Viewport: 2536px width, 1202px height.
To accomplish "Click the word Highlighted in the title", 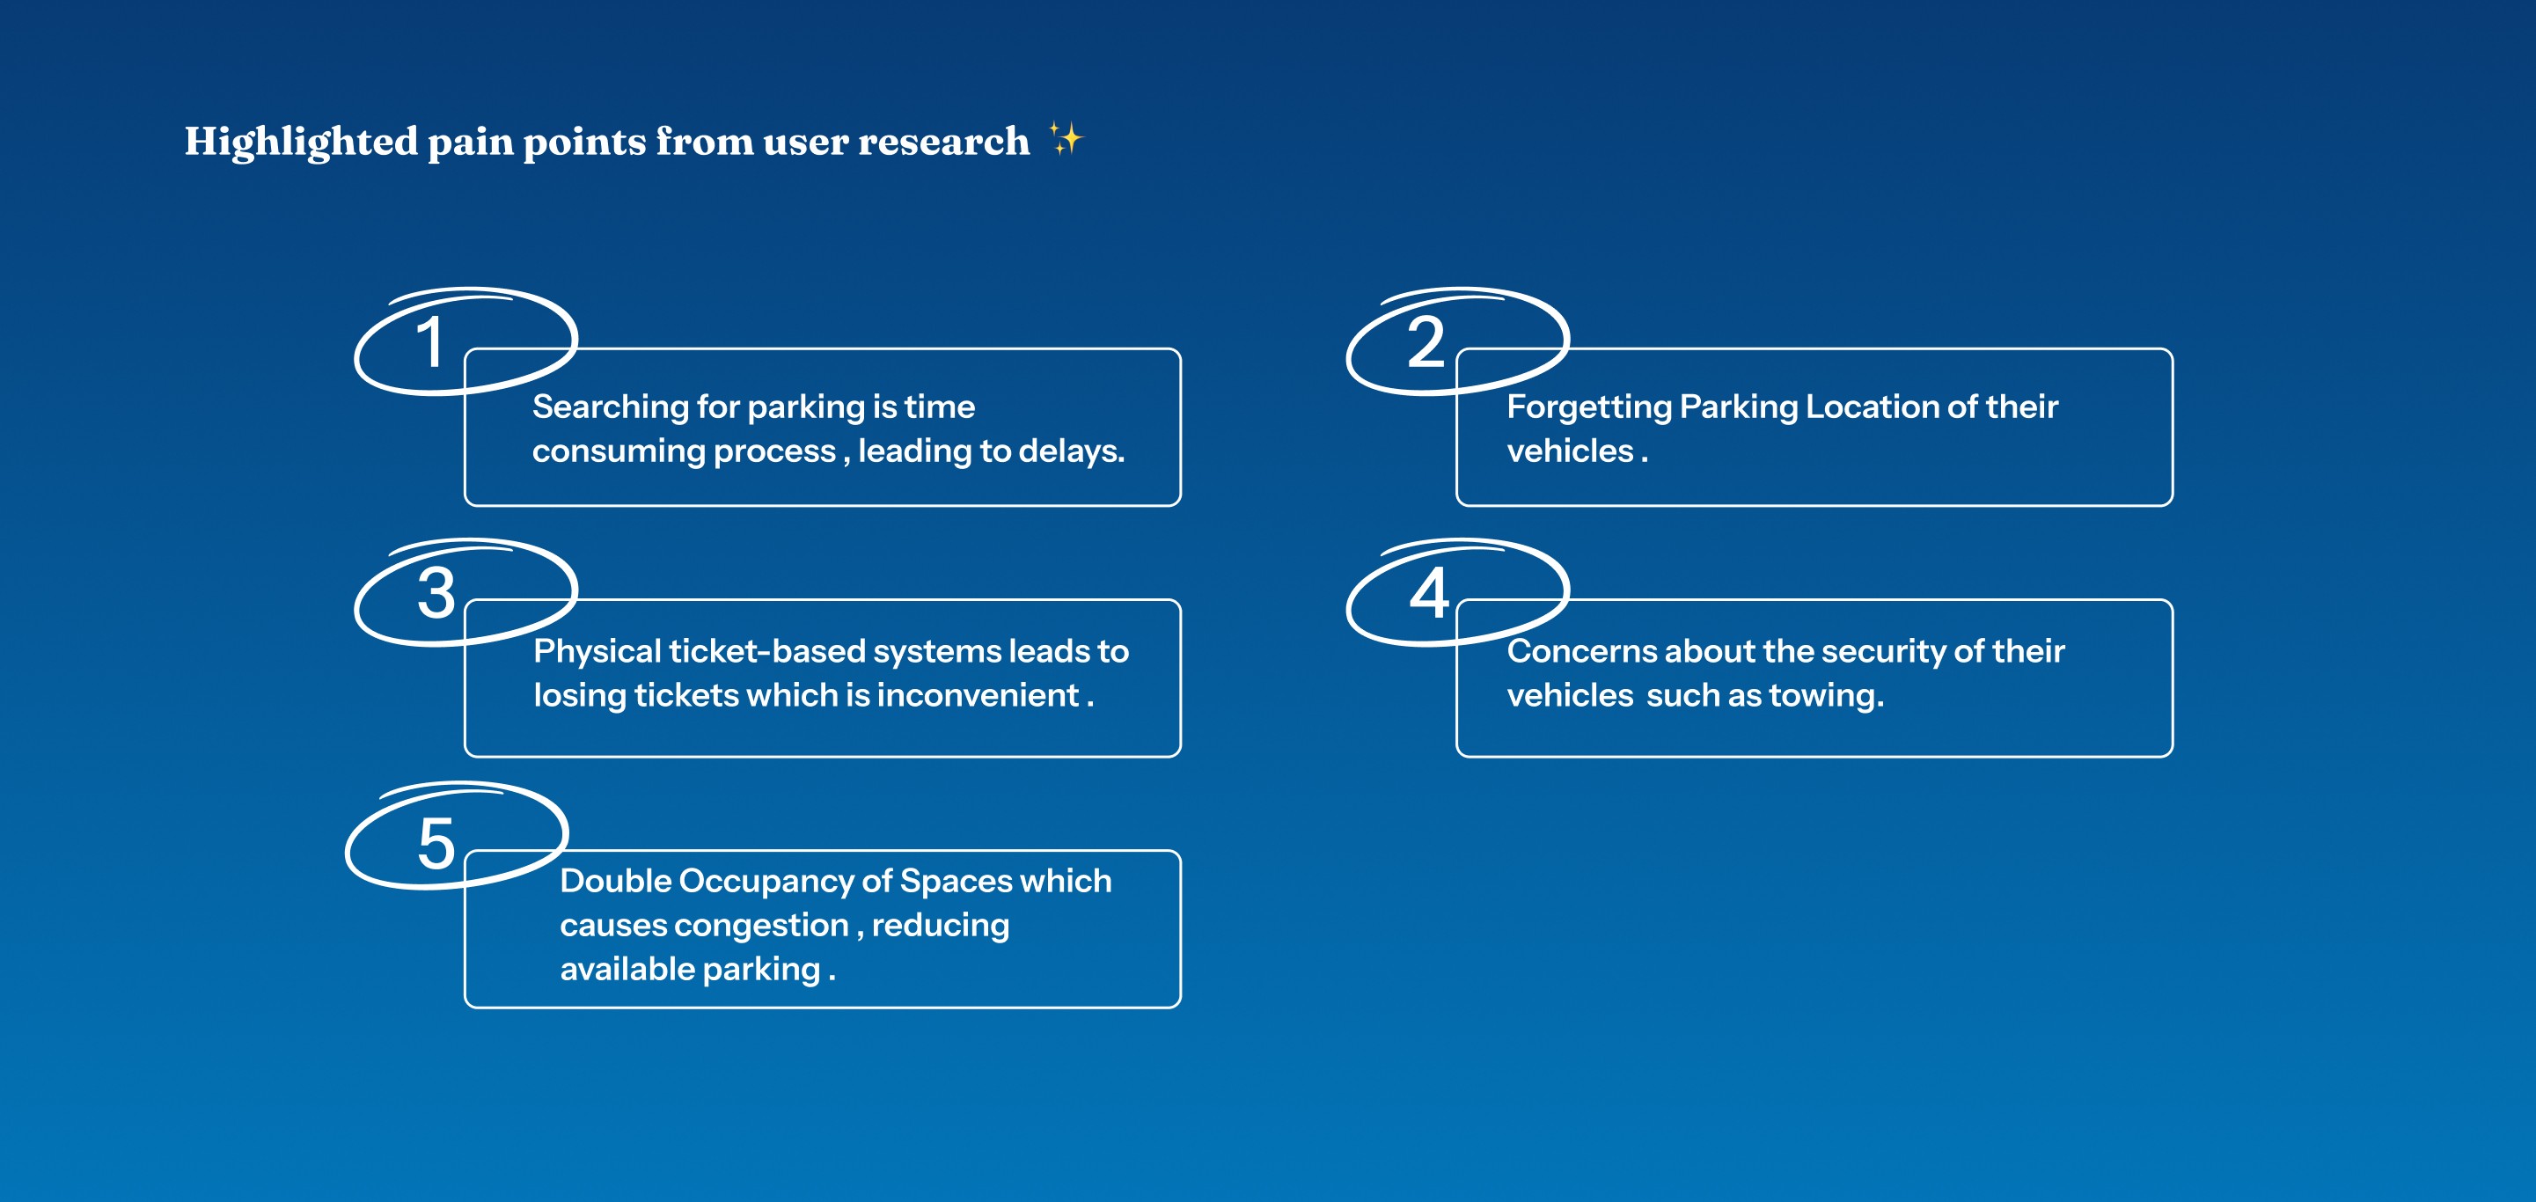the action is pyautogui.click(x=300, y=142).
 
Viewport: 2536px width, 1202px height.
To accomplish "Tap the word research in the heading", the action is pyautogui.click(x=943, y=142).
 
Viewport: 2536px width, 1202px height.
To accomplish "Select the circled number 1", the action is pyautogui.click(x=430, y=342).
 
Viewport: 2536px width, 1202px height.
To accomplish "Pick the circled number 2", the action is pyautogui.click(x=1425, y=342).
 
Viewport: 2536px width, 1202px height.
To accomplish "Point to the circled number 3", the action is pyautogui.click(x=436, y=594).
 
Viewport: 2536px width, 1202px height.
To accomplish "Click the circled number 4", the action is pyautogui.click(x=1428, y=594).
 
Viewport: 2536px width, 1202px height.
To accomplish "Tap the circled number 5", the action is pyautogui.click(x=436, y=844).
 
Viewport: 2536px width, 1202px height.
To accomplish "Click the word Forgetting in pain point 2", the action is pyautogui.click(x=1588, y=407).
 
